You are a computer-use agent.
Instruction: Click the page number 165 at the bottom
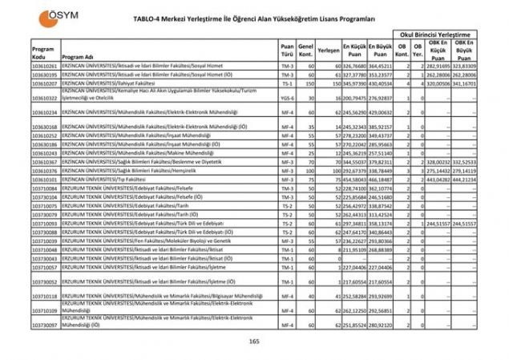(x=254, y=342)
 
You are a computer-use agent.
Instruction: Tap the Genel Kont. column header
(x=305, y=50)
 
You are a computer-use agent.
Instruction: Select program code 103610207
(x=45, y=83)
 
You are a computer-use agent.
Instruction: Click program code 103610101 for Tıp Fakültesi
(x=45, y=180)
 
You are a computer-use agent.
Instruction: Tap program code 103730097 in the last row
(x=45, y=325)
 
